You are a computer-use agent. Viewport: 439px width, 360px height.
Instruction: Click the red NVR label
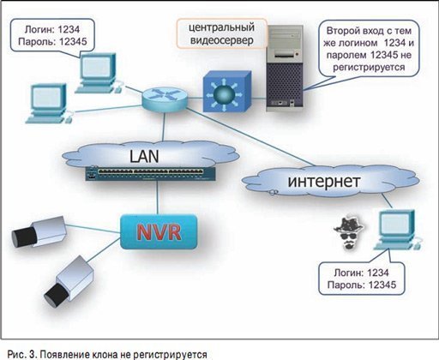tap(159, 231)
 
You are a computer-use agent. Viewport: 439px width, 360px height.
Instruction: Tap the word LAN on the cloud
tap(144, 156)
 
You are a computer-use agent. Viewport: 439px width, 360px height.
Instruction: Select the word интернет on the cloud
tap(323, 181)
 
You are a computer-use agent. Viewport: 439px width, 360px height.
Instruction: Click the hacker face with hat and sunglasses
tap(349, 233)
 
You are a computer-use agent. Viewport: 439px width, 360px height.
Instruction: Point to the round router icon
tap(165, 99)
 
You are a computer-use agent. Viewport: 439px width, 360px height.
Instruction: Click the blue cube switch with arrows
tap(227, 92)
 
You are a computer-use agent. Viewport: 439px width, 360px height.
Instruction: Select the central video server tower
tap(285, 68)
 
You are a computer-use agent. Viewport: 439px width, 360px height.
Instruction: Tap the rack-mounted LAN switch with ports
tap(150, 173)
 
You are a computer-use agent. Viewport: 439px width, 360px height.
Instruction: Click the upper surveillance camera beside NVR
tap(39, 231)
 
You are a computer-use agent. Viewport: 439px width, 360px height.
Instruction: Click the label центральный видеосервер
tap(222, 33)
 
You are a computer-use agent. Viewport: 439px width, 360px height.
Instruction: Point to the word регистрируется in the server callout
tap(369, 68)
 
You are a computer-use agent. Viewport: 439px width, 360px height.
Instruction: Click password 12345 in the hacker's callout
tap(382, 285)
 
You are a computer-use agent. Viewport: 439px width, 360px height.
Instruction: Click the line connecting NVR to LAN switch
tap(157, 197)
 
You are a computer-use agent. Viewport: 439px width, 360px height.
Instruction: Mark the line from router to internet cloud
tap(250, 136)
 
